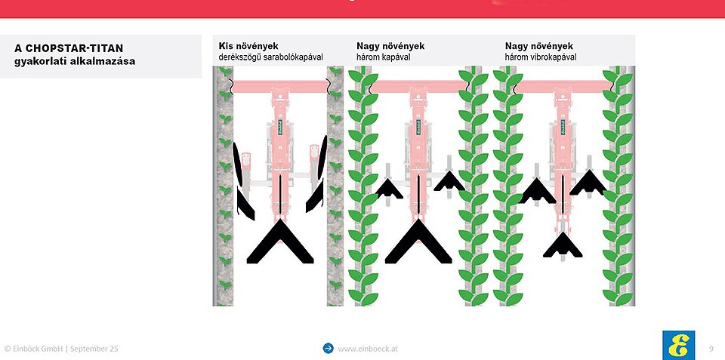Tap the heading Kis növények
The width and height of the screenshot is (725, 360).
[248, 46]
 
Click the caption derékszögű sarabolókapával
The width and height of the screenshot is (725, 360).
[270, 57]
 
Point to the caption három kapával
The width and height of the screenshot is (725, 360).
[384, 57]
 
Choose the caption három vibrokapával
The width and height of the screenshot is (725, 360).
[541, 57]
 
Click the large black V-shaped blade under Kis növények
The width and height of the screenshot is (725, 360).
[280, 242]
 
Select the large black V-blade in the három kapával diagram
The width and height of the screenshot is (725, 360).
[418, 242]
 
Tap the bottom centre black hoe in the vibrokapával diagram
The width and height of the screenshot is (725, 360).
[563, 245]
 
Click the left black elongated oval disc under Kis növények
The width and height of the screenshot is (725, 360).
[237, 164]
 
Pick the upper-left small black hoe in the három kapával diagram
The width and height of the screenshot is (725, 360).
[389, 189]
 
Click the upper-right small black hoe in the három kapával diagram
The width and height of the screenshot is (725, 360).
[449, 181]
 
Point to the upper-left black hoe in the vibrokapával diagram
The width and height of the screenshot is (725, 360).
[537, 191]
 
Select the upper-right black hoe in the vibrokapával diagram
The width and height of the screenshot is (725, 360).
[588, 183]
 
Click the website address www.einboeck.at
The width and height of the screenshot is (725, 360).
[368, 349]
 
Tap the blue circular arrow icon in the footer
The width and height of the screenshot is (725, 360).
[329, 348]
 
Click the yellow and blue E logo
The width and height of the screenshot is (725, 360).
[679, 345]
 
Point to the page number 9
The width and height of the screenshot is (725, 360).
[711, 349]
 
